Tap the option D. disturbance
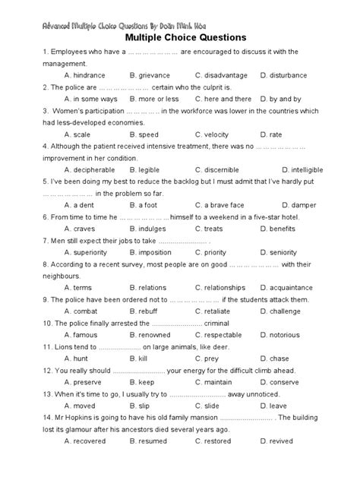tap(284, 76)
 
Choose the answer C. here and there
tap(223, 99)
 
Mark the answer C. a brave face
tap(220, 205)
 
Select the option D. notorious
tap(285, 335)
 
